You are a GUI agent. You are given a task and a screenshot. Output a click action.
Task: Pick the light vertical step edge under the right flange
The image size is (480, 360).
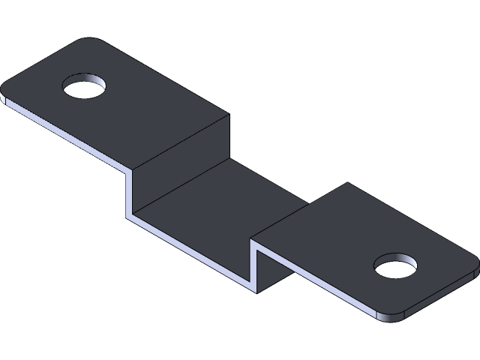click(255, 263)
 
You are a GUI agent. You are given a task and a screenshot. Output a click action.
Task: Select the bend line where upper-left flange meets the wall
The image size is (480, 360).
click(180, 142)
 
